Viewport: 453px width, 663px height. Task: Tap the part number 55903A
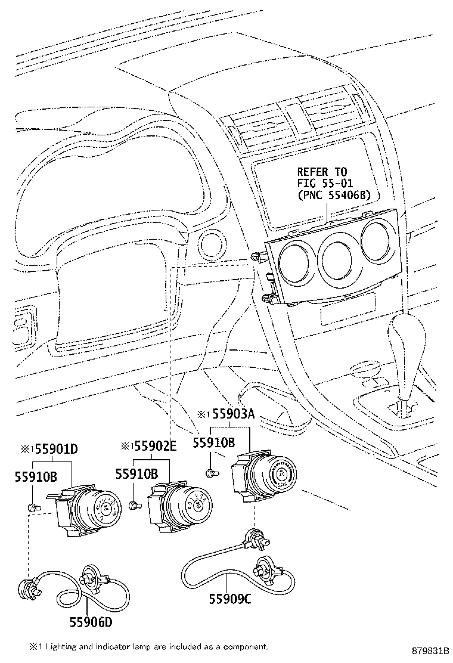click(x=234, y=413)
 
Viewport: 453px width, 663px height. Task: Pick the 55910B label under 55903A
click(x=213, y=442)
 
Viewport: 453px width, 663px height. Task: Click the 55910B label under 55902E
click(x=136, y=474)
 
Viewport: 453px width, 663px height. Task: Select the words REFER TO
click(x=321, y=171)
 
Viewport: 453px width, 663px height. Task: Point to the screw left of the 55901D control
click(x=33, y=507)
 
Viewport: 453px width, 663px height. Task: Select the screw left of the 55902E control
click(x=134, y=506)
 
